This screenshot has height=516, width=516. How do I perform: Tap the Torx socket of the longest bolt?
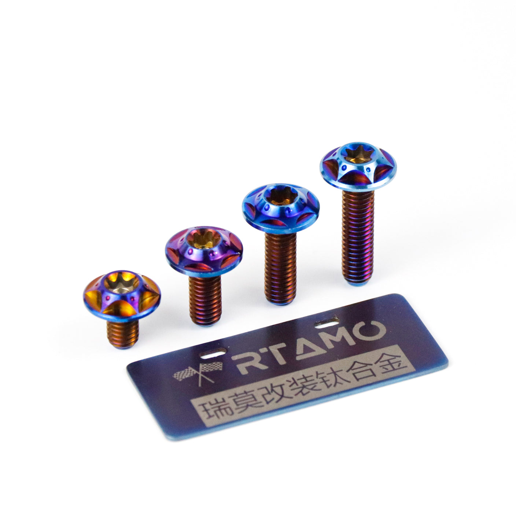(358, 155)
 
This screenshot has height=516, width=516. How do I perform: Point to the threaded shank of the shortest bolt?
(123, 334)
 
